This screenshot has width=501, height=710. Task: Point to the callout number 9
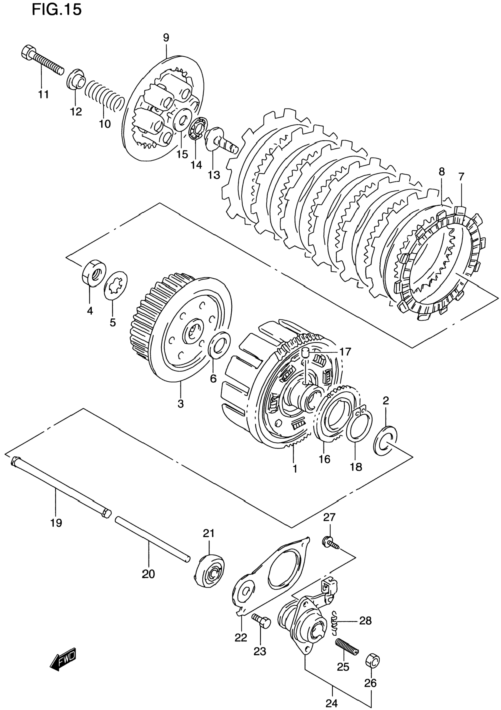(166, 38)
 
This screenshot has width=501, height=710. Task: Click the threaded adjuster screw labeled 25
(347, 647)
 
